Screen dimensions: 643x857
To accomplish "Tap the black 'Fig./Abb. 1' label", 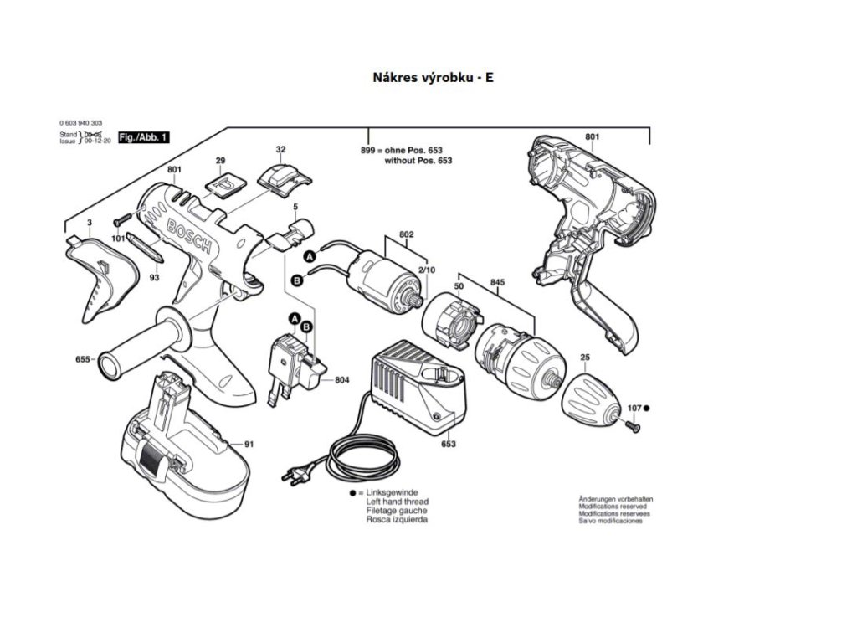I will [x=144, y=136].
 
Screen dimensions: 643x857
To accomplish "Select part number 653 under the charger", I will [x=449, y=444].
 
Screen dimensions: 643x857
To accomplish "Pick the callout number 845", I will [x=497, y=283].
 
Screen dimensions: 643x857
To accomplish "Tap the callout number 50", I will [x=459, y=287].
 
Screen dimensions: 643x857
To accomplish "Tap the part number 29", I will [x=220, y=160].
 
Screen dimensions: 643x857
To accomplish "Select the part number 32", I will [x=281, y=149].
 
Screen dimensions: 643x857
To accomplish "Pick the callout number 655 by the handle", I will [x=82, y=359].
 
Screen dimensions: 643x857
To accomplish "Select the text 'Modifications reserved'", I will [x=613, y=507].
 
